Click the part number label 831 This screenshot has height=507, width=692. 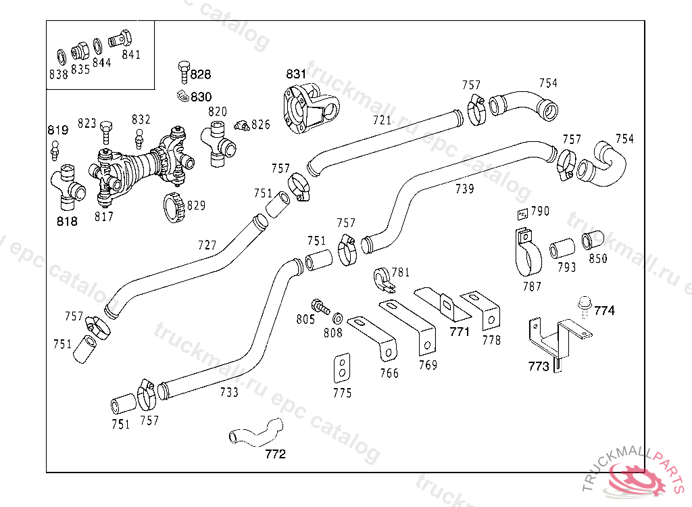[x=296, y=74]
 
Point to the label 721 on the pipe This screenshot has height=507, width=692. [x=382, y=120]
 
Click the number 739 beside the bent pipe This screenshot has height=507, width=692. [x=464, y=189]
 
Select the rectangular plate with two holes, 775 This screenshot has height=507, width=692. [x=343, y=368]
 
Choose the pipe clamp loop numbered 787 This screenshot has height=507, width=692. [x=528, y=254]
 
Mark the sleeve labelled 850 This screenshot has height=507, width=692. [x=593, y=239]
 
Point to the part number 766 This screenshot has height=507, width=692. [x=389, y=373]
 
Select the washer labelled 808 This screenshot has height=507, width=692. [x=338, y=318]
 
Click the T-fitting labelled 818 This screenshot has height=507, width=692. [x=67, y=184]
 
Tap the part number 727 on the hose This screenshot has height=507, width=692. [x=207, y=244]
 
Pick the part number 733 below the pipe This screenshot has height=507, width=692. [x=229, y=392]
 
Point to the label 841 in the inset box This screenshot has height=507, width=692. [x=131, y=55]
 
